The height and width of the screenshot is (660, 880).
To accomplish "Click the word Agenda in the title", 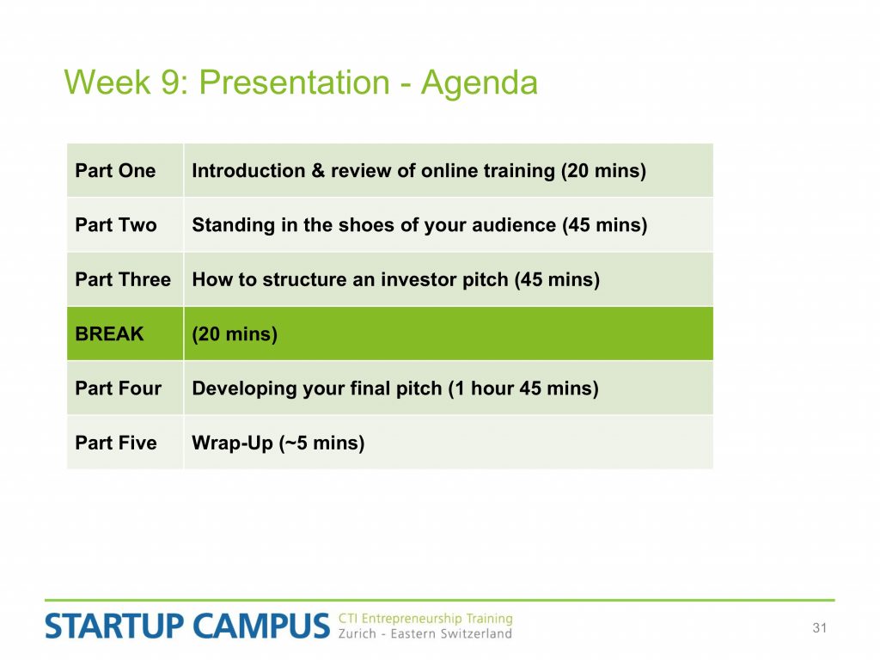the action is coord(480,84).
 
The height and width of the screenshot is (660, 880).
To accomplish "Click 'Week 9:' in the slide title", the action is coord(127,82).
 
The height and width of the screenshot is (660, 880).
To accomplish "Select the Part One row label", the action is coord(115,171).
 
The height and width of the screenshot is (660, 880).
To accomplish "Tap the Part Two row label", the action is coord(116,225).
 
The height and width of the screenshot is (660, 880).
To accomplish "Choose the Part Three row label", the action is coord(123,279).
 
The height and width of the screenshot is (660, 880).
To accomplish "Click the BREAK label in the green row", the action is coord(109,334).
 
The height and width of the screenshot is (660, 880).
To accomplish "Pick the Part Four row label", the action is coord(118,388).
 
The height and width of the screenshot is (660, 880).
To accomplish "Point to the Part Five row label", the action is coord(116,443).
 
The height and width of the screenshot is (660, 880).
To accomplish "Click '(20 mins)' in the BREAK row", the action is coord(235,334).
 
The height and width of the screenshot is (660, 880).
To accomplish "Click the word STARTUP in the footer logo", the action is coord(114,626).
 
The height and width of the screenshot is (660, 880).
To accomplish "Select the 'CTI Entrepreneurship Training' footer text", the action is coord(425,619).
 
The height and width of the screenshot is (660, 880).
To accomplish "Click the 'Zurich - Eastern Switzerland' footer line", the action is coord(425,634).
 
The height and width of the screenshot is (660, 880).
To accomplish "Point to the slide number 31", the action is coord(819,628).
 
